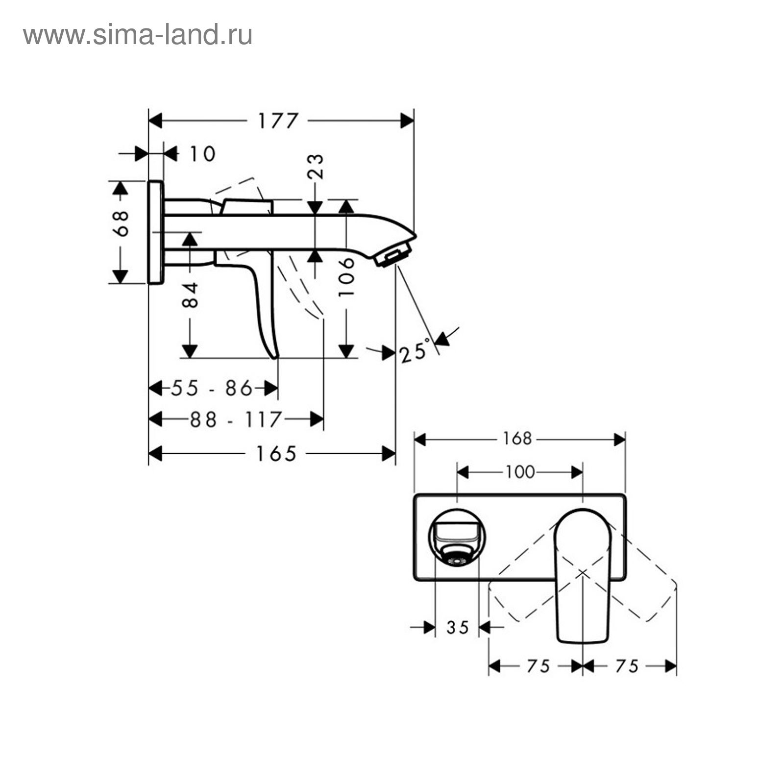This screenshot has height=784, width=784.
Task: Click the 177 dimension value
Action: (x=278, y=121)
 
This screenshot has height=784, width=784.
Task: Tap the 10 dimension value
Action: (x=202, y=154)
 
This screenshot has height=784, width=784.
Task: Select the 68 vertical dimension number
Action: (x=121, y=224)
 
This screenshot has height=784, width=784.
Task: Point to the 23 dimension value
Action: (x=316, y=167)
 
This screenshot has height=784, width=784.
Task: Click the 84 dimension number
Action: (x=190, y=294)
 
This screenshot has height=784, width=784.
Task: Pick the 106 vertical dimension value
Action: (x=346, y=276)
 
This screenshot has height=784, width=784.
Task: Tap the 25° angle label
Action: (x=415, y=351)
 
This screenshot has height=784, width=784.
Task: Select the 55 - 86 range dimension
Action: (x=212, y=389)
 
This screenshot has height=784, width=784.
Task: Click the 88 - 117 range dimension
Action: (x=236, y=419)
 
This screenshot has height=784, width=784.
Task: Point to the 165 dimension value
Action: (x=276, y=454)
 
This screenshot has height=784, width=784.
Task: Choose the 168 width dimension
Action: (x=517, y=438)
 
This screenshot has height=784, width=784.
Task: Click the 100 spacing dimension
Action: (x=520, y=472)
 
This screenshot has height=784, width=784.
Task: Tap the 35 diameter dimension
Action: (x=458, y=627)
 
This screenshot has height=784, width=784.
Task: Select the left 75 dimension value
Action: (x=538, y=666)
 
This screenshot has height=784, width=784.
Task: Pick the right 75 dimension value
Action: (x=627, y=666)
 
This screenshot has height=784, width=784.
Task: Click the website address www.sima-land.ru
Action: (x=138, y=35)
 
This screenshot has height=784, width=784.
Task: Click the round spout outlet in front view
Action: (x=457, y=539)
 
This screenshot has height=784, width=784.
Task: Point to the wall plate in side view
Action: (x=155, y=232)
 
